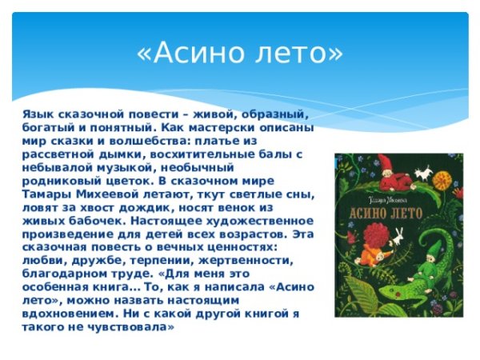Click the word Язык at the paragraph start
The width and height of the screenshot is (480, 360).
click(38, 114)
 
